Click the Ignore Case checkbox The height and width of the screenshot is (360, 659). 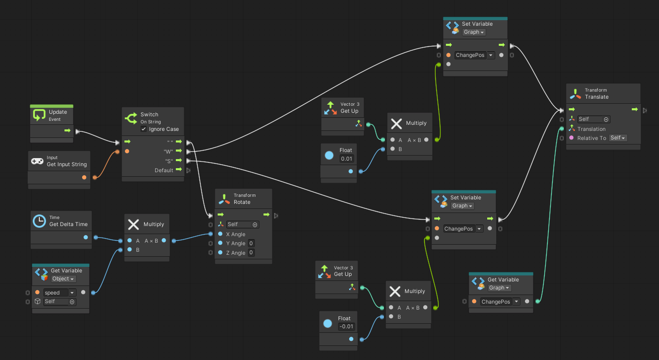[x=144, y=129]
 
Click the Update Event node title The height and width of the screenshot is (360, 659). [x=58, y=112]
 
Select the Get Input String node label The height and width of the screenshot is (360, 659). [x=67, y=164]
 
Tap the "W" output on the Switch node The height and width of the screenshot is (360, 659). [x=188, y=151]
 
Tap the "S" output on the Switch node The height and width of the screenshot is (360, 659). [x=188, y=161]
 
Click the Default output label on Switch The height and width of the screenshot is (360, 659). [x=164, y=170]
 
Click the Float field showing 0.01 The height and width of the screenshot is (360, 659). [x=346, y=159]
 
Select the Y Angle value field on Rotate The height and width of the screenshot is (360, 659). [x=251, y=244]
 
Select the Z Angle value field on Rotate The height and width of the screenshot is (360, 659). [x=251, y=253]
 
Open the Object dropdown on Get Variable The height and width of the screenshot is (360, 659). [x=63, y=279]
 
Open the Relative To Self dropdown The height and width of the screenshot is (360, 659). [x=618, y=138]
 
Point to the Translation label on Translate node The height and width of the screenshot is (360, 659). [x=591, y=129]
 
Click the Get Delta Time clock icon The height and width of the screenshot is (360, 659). [x=39, y=221]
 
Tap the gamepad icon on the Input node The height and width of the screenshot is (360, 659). [x=37, y=161]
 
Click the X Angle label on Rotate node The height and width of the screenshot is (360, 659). [x=235, y=234]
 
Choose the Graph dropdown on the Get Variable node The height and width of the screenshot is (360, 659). [x=499, y=288]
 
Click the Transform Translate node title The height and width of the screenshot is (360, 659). [x=597, y=97]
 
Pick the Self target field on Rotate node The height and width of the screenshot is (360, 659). [x=242, y=225]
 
